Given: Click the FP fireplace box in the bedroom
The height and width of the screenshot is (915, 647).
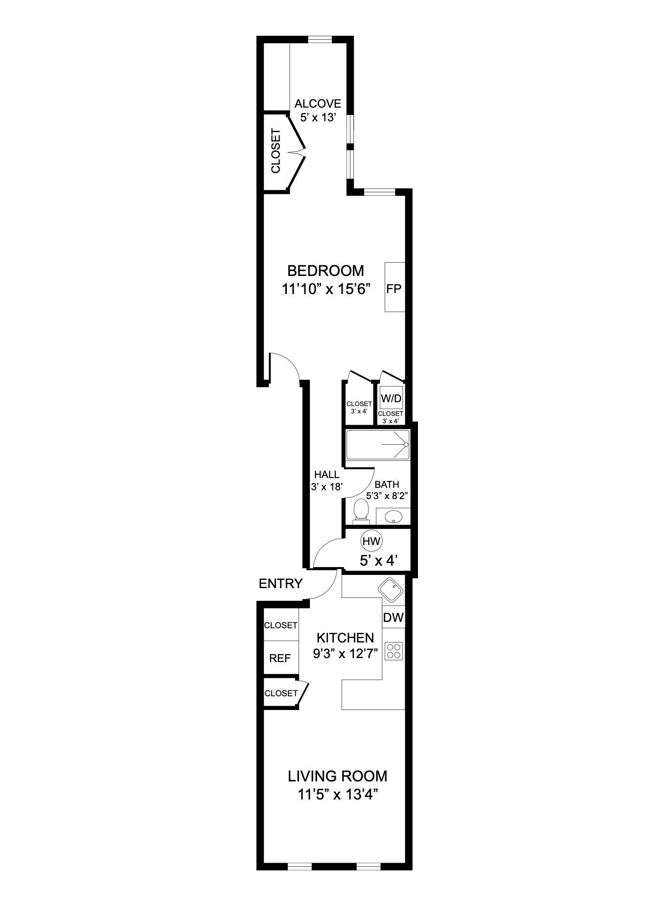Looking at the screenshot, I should coord(394,287).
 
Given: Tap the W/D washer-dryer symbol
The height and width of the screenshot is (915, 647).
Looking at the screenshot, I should coord(391,398).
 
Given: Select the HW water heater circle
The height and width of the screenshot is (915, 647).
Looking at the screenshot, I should coord(371,541).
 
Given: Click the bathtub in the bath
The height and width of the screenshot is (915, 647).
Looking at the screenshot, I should coord(377,444).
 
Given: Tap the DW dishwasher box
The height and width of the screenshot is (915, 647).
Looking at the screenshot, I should coord(393,618).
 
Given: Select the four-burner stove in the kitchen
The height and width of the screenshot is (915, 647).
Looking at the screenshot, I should coord(394,651).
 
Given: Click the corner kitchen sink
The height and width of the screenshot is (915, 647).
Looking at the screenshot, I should coord(391,589).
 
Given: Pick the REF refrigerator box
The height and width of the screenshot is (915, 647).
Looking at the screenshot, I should coord(280,658).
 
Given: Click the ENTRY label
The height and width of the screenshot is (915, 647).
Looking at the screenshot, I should coord(280,583).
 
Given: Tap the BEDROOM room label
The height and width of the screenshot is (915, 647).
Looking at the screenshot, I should coord(325,271).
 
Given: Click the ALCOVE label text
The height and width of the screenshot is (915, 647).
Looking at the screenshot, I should coord(318,104).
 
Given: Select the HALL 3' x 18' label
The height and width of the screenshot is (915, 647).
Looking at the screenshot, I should coord(326,480).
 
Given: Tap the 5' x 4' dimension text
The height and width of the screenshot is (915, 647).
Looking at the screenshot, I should coord(377,561).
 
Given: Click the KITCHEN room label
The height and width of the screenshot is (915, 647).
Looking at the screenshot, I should coord(346,638).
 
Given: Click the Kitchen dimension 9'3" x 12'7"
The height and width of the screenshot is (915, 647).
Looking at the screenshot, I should coord(346,653).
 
